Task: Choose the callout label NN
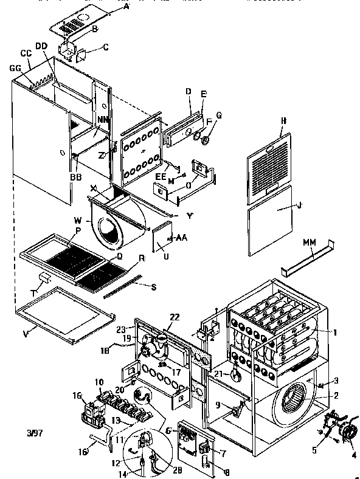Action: (x=103, y=120)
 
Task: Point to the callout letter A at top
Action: (x=126, y=5)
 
